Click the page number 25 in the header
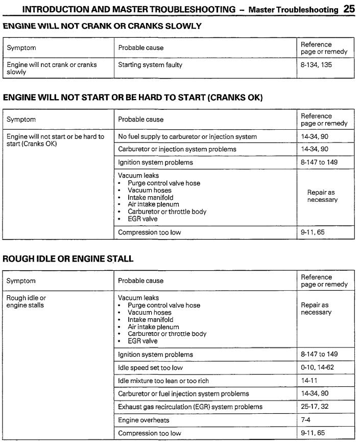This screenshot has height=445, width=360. [x=349, y=9]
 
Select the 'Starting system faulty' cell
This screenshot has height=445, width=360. [x=150, y=65]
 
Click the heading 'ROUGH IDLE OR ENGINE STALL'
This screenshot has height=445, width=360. [x=68, y=259]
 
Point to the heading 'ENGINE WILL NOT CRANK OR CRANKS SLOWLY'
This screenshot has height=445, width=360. [x=102, y=26]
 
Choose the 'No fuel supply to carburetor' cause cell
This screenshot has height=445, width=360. [x=187, y=136]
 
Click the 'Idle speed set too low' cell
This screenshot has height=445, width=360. [x=150, y=367]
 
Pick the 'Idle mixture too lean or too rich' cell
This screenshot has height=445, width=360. [x=163, y=381]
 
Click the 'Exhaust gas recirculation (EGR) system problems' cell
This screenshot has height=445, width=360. [x=190, y=407]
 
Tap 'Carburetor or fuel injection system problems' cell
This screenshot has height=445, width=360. [x=183, y=394]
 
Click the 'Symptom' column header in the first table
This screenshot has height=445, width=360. [x=21, y=48]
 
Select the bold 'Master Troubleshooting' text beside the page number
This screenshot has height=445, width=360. [x=293, y=10]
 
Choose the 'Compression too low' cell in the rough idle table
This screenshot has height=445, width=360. [x=149, y=433]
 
